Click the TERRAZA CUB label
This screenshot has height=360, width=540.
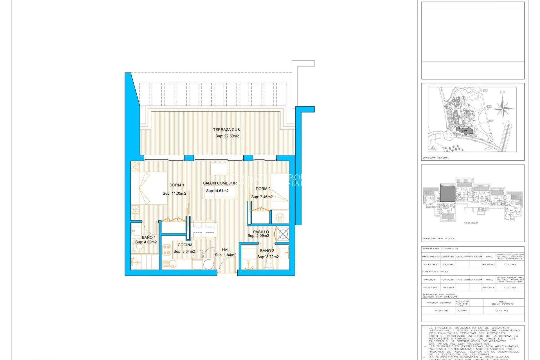pyautogui.click(x=226, y=130)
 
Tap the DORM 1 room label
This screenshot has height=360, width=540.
pyautogui.click(x=177, y=185)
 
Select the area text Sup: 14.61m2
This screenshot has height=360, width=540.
pyautogui.click(x=217, y=191)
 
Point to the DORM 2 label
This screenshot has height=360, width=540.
pyautogui.click(x=263, y=189)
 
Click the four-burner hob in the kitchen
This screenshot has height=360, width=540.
pyautogui.click(x=166, y=250)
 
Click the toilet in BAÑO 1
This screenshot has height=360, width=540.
pyautogui.click(x=139, y=247)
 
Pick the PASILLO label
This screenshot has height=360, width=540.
pyautogui.click(x=261, y=232)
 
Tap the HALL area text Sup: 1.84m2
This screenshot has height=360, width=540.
pyautogui.click(x=225, y=255)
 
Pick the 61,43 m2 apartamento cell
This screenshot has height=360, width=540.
pyautogui.click(x=430, y=264)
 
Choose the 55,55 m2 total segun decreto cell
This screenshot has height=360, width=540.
pyautogui.click(x=501, y=310)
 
